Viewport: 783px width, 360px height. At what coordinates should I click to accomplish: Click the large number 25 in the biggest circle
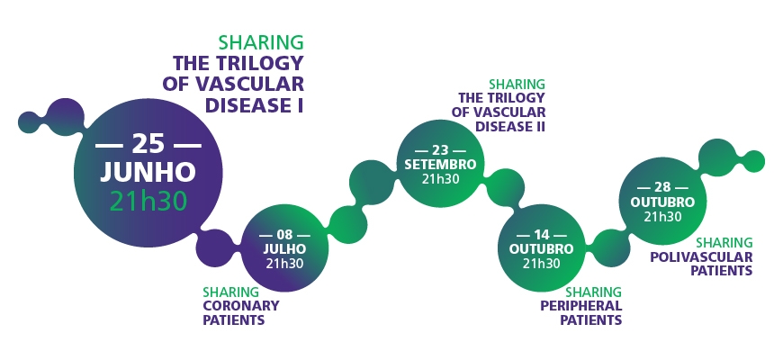coord(148,144)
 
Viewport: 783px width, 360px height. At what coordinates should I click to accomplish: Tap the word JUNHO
coord(148,173)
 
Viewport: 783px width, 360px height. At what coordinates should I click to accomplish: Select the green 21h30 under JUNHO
coord(148,201)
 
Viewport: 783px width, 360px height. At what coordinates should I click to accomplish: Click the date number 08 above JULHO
coord(284,235)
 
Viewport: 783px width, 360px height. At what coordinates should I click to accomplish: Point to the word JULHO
coord(284,248)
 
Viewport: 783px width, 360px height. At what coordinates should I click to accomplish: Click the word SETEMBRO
coord(440,164)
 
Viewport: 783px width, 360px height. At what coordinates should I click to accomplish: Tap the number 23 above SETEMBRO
coord(440,149)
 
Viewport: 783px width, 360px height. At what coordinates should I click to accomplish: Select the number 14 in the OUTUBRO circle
coord(541,235)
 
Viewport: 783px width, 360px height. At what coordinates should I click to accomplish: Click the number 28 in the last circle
coord(662,187)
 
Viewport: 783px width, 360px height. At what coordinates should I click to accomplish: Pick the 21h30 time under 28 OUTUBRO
coord(662,216)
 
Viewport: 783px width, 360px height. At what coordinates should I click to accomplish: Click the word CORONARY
coord(240,306)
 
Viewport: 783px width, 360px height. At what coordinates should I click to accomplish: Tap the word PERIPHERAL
coord(580,306)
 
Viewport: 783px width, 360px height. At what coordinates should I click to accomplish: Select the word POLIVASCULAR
coord(701,256)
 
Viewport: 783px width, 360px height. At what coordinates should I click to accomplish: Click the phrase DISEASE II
coord(509,126)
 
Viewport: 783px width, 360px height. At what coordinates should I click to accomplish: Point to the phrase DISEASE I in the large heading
coord(254,105)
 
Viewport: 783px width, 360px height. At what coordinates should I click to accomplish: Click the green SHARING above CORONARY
coord(230,292)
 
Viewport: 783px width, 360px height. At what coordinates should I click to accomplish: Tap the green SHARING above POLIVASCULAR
coord(724,243)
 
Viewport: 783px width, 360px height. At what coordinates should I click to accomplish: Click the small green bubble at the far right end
coord(751,161)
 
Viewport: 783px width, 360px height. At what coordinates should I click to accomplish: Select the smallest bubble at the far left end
coord(29,122)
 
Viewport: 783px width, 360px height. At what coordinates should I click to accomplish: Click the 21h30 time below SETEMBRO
coord(440,179)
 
